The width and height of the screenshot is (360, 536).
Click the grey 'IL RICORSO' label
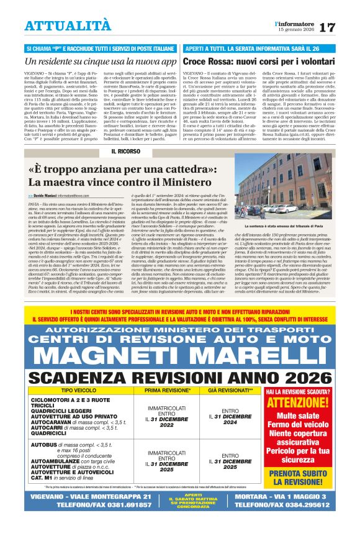(x=125, y=151)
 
